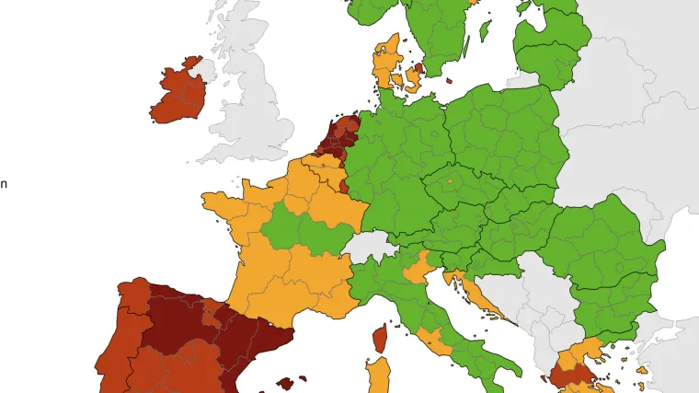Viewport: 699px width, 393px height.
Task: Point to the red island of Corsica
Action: [x=379, y=338]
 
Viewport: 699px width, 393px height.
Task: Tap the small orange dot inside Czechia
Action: [x=451, y=182]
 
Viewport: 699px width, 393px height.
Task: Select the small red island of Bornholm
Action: [x=450, y=80]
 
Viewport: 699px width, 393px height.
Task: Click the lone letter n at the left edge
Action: [x=4, y=183]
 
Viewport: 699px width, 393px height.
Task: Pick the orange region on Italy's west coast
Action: [x=432, y=341]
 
